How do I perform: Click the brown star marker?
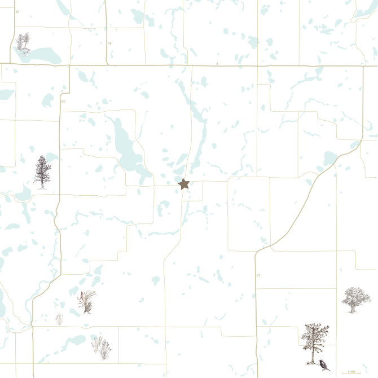(183, 183)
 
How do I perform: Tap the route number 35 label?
(17, 12)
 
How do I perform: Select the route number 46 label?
(109, 43)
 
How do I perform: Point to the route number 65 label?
(63, 102)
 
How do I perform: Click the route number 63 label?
(258, 275)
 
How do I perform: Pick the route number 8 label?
(217, 64)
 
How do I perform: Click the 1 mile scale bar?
(351, 373)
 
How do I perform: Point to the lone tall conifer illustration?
(42, 172)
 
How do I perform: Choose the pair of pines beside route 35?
(23, 42)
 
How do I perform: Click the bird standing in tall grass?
(87, 302)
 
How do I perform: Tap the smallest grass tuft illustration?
(59, 319)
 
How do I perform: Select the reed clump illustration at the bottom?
(101, 347)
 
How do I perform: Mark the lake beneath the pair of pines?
(42, 55)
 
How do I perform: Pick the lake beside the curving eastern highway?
(329, 159)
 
